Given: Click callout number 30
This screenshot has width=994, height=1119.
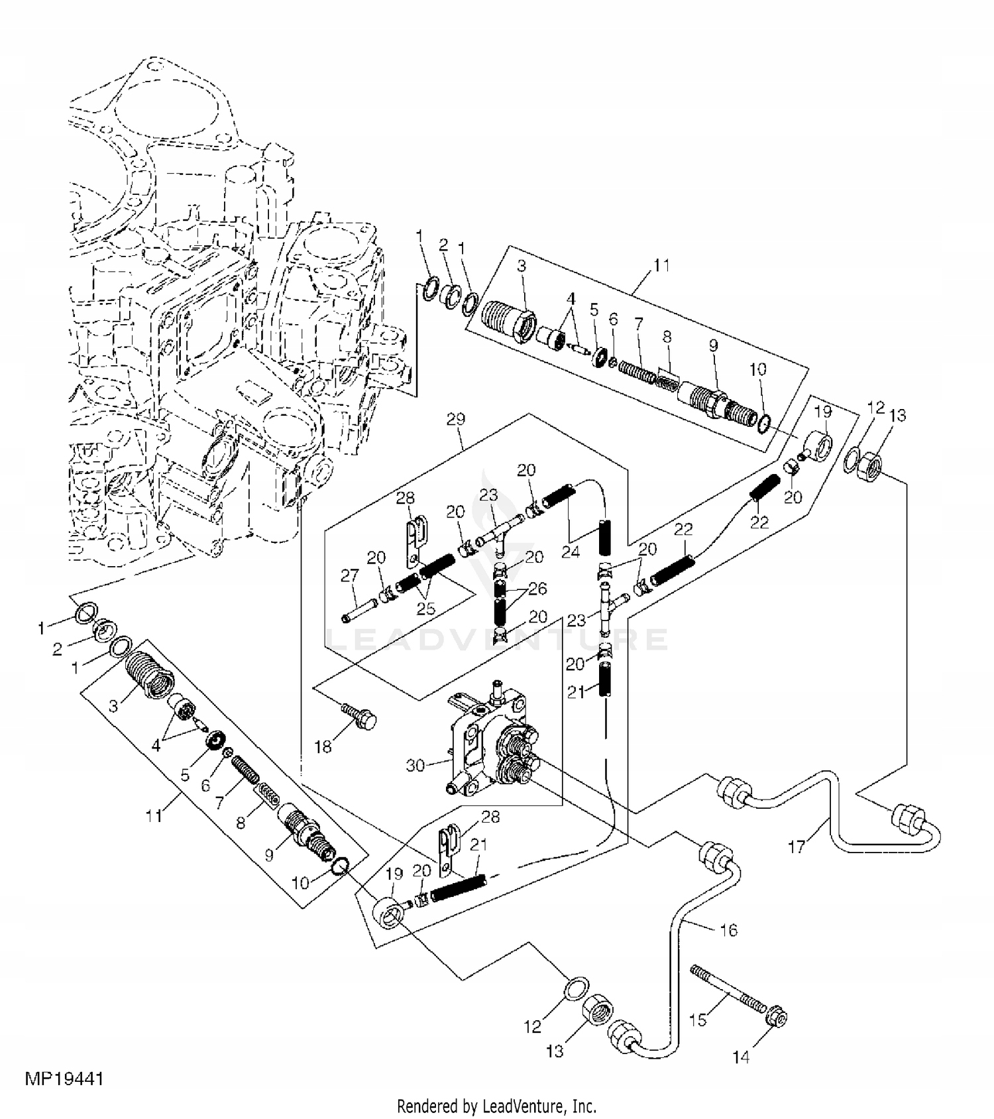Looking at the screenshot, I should pyautogui.click(x=415, y=765).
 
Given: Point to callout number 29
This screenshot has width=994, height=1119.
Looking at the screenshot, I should pyautogui.click(x=456, y=419).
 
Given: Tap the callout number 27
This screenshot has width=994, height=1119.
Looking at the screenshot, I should pyautogui.click(x=349, y=575).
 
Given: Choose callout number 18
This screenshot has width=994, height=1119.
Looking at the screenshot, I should pyautogui.click(x=323, y=747).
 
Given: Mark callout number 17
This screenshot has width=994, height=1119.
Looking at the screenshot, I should pyautogui.click(x=797, y=847).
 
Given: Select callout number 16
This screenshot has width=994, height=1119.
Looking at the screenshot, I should pyautogui.click(x=728, y=930).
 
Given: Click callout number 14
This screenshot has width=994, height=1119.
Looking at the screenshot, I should pyautogui.click(x=742, y=1057).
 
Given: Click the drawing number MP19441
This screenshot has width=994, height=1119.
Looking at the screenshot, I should pyautogui.click(x=64, y=1079).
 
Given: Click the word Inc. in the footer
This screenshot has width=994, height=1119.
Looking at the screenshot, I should pyautogui.click(x=584, y=1106).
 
